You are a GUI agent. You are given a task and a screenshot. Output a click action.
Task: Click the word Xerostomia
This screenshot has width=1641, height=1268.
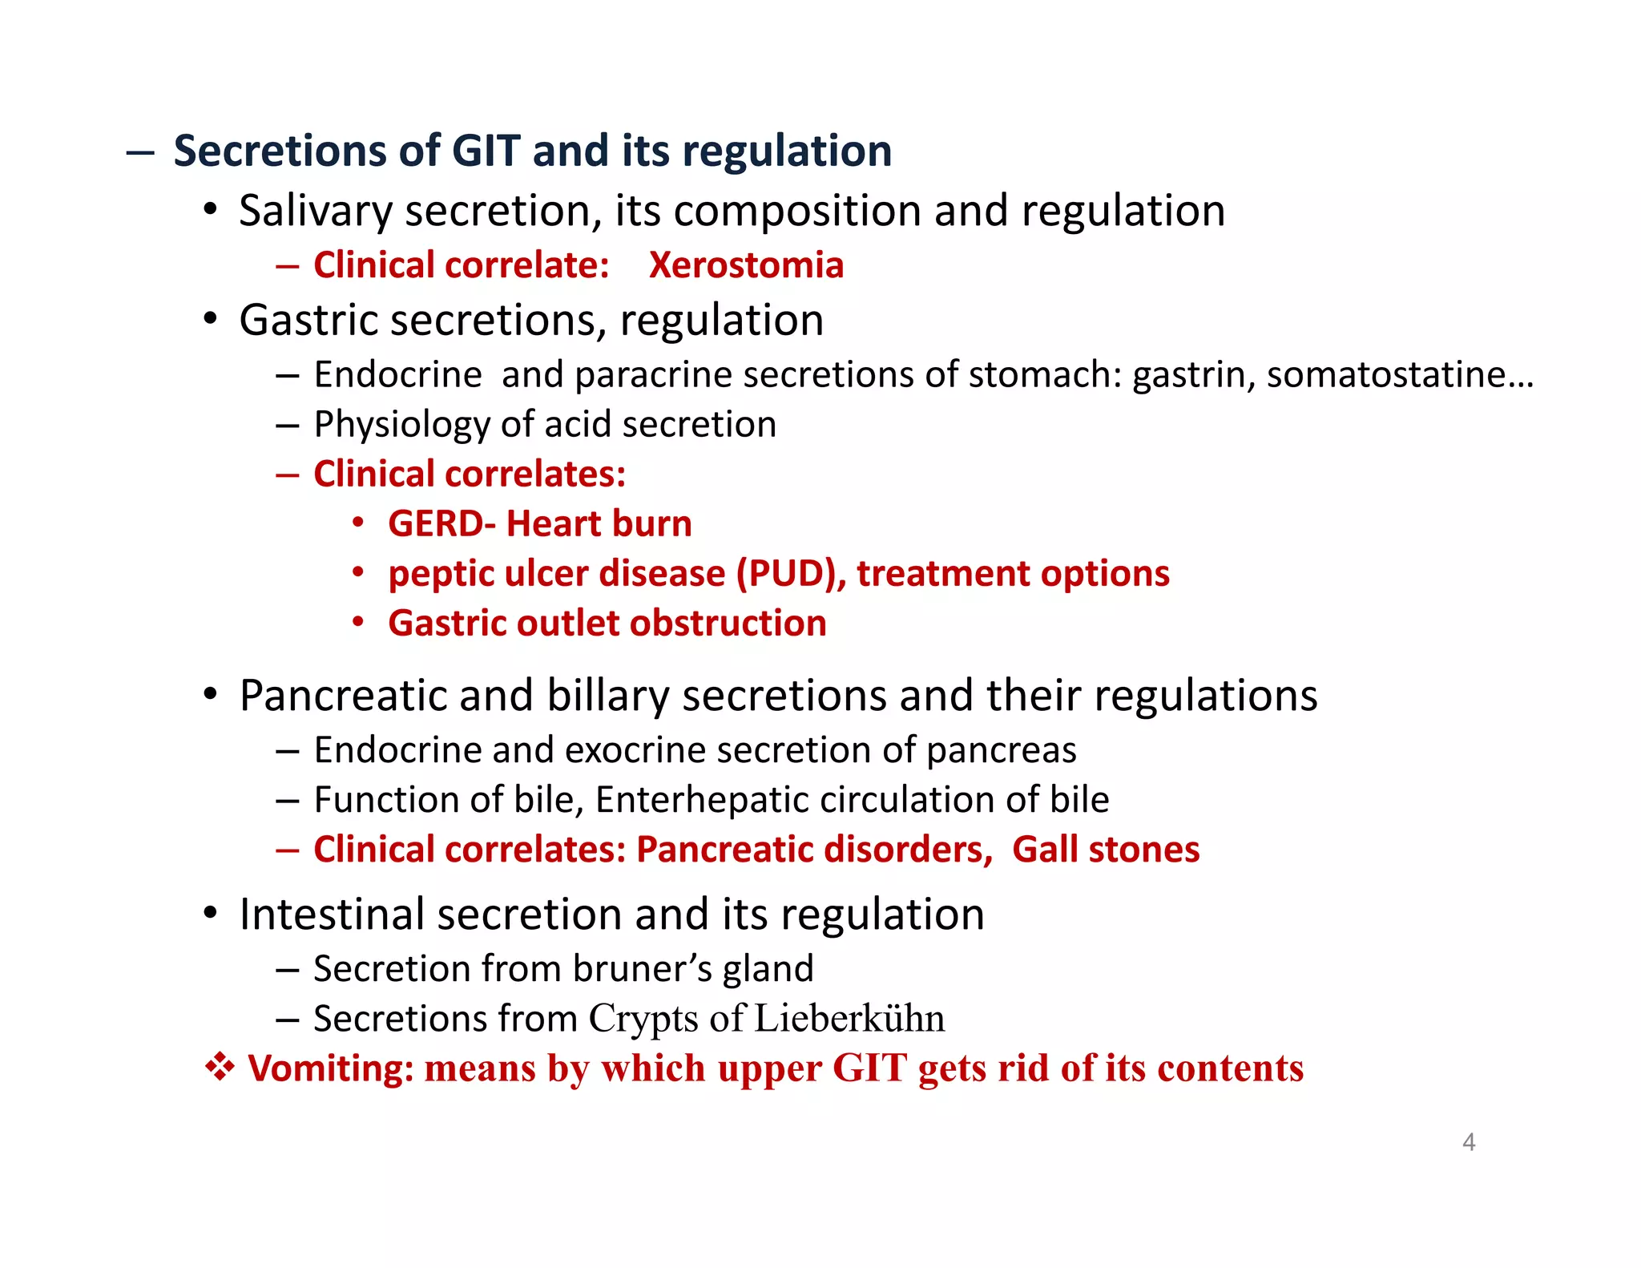(746, 265)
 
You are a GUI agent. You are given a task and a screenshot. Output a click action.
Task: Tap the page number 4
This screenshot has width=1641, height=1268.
(1468, 1142)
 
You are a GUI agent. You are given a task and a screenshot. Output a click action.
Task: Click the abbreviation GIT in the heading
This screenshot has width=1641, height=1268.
(486, 151)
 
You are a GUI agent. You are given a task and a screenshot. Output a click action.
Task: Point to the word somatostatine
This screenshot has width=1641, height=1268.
(1399, 374)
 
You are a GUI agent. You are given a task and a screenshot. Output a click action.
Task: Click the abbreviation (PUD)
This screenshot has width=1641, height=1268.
(790, 574)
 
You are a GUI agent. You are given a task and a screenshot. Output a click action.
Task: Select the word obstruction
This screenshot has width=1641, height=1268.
(728, 624)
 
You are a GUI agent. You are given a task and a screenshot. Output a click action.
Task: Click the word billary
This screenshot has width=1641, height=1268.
(607, 696)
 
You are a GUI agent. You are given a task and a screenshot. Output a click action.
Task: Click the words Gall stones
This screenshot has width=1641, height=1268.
(1106, 850)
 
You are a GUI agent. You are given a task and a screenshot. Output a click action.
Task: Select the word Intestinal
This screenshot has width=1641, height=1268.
(331, 915)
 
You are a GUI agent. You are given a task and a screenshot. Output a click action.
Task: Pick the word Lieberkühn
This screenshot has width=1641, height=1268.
(849, 1019)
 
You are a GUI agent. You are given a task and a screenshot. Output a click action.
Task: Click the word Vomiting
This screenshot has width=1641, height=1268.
(330, 1068)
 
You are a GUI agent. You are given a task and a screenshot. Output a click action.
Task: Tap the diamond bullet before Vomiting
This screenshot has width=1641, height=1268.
(220, 1067)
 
